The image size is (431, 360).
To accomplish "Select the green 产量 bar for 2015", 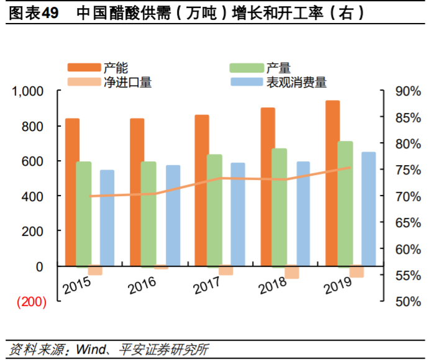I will [x=84, y=214].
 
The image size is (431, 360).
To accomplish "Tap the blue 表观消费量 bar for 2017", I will [x=238, y=214].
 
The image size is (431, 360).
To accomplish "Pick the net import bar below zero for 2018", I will [x=292, y=272].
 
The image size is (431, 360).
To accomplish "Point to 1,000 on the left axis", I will [x=29, y=91].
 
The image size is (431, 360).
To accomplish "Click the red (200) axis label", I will [x=30, y=302].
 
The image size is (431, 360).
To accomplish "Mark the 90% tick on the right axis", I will [x=407, y=91].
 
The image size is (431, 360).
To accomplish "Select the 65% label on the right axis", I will [x=407, y=222].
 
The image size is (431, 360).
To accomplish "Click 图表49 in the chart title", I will [x=34, y=13].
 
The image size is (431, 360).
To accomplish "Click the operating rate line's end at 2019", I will [x=350, y=167].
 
